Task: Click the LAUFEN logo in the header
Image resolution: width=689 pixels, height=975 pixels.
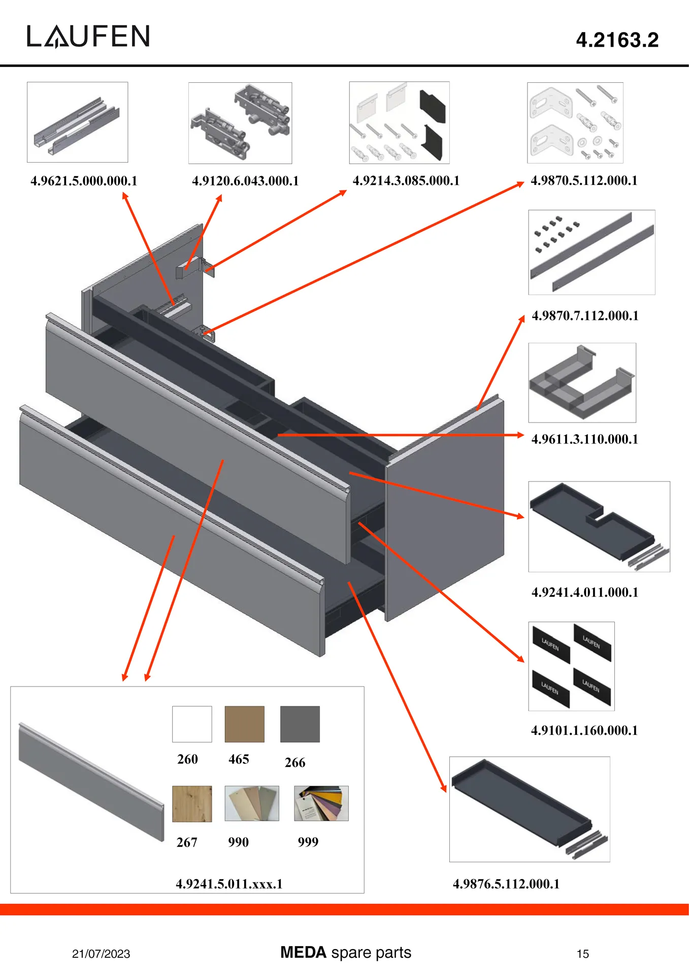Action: [x=88, y=37]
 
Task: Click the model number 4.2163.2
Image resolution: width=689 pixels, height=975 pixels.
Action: [x=617, y=40]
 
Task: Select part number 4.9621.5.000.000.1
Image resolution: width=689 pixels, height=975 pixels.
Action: [x=84, y=181]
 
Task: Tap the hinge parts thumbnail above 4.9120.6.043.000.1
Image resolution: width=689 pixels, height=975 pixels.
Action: [x=240, y=123]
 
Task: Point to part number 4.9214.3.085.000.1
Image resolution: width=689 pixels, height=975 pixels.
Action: [x=406, y=181]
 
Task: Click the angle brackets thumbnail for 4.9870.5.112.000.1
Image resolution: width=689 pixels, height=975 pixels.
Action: [x=575, y=123]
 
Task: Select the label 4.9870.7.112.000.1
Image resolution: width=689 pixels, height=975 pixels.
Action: [x=585, y=316]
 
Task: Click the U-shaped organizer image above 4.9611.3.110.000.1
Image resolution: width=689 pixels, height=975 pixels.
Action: [x=582, y=382]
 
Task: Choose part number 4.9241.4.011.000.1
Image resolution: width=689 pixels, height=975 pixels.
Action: [x=585, y=592]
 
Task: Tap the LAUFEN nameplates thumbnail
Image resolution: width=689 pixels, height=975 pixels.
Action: [x=571, y=666]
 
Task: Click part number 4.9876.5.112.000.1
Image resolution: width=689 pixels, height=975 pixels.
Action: [x=506, y=884]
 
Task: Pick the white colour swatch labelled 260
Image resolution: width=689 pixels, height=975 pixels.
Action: [x=192, y=724]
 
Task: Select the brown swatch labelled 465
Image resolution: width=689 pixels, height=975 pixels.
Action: [x=244, y=724]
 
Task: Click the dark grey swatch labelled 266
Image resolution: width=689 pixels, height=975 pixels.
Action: [x=300, y=724]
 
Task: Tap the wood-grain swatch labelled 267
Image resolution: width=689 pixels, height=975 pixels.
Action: [x=192, y=804]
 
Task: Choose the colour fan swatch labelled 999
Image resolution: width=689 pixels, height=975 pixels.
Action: [x=321, y=803]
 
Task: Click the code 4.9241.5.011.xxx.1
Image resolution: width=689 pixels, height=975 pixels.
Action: [x=229, y=884]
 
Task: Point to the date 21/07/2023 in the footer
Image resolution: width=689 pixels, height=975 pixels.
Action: [x=101, y=954]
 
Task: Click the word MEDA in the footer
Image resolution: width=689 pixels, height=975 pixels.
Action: [x=303, y=952]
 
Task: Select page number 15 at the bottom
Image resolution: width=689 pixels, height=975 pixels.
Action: [x=582, y=954]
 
